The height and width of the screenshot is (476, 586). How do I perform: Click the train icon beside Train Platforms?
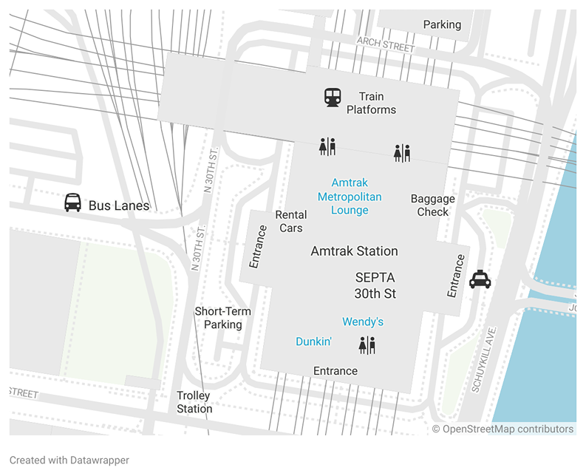coord(333,97)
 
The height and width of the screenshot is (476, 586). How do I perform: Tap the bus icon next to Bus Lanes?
coord(72,203)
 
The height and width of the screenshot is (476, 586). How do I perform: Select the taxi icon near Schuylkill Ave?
coord(480,279)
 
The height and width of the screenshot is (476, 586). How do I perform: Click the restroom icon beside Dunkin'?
coord(367,344)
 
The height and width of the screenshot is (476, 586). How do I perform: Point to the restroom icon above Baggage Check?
coord(401,153)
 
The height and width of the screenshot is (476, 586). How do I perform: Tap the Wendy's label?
coord(362,322)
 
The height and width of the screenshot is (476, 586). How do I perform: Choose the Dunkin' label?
coord(313,341)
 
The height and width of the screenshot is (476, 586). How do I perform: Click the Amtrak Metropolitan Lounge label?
coord(350,196)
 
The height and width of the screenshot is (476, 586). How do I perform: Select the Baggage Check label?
coord(432,205)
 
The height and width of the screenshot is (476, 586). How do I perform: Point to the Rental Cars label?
coord(290,221)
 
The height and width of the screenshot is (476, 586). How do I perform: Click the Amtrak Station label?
coord(354,251)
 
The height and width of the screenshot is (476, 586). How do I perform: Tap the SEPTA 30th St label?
coord(375,285)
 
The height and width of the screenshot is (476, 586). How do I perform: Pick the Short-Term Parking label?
coord(222,318)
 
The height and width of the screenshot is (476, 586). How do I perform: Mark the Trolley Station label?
coord(194,402)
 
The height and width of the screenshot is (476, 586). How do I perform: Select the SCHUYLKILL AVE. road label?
coord(486,359)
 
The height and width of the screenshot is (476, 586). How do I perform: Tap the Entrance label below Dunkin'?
coord(335,371)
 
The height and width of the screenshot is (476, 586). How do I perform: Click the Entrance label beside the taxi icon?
coord(456,276)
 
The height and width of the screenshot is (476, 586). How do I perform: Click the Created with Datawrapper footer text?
coord(69,460)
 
